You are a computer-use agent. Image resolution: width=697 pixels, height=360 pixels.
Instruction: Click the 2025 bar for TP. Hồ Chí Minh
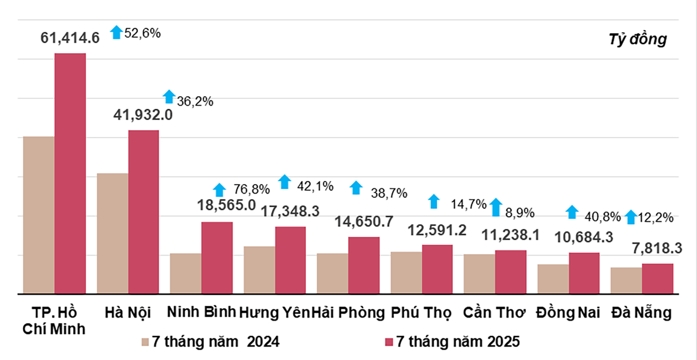[70, 173]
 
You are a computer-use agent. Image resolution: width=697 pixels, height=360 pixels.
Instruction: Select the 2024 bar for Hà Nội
[112, 233]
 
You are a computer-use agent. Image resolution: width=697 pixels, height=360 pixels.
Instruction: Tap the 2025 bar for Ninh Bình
[217, 258]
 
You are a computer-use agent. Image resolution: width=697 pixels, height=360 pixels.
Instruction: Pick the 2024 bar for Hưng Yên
[259, 270]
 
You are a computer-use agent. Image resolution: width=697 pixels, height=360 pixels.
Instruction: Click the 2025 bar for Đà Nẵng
[657, 278]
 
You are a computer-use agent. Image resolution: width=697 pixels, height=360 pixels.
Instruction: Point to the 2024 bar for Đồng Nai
[553, 279]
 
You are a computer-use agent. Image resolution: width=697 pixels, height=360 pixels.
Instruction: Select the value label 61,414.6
[70, 38]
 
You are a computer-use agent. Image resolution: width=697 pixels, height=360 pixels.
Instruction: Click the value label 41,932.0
[143, 115]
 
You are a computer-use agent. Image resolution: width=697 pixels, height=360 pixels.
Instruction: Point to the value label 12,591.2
[437, 230]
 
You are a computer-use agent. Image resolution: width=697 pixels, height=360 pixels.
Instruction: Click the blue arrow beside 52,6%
[116, 32]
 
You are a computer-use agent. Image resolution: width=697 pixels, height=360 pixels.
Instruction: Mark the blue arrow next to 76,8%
[219, 190]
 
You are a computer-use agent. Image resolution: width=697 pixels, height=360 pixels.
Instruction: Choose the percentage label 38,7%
[389, 193]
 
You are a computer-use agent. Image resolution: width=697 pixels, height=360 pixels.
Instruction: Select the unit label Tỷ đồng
[638, 40]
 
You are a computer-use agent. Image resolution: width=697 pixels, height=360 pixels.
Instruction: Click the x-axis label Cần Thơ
[494, 313]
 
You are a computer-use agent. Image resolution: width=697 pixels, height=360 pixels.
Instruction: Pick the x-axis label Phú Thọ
[421, 313]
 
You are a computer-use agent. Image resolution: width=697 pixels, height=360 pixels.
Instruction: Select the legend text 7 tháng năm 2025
[458, 342]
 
